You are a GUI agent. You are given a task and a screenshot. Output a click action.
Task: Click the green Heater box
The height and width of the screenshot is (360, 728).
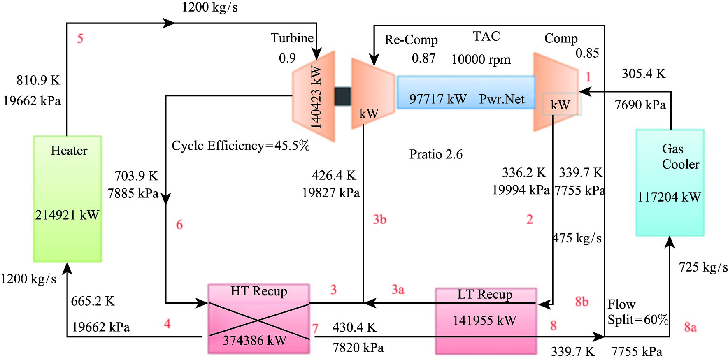point(67,199)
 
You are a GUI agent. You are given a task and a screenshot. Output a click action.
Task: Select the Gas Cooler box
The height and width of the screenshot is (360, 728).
point(670,183)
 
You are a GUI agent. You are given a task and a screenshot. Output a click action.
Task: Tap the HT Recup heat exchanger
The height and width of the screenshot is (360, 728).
point(258,318)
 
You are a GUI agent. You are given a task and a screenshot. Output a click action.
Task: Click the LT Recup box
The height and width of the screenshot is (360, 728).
point(486,321)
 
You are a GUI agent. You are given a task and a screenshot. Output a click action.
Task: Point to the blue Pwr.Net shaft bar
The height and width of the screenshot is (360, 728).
point(466,93)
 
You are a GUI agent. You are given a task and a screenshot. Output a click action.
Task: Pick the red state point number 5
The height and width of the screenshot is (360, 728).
point(80,39)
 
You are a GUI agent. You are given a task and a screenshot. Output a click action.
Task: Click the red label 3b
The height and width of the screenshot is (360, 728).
point(379,219)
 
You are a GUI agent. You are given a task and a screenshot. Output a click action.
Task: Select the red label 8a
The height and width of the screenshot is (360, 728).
point(690,327)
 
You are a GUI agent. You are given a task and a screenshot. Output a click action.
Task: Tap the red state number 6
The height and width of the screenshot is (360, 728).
point(179,225)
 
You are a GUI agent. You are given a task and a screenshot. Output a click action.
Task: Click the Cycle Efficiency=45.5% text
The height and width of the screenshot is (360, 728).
point(240,146)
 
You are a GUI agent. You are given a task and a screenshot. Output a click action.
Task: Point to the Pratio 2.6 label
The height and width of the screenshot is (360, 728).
point(436,154)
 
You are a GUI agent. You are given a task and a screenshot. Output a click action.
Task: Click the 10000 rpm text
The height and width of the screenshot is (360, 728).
point(481,60)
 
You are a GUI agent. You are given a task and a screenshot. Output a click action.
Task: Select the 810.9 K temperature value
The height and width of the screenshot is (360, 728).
point(38,80)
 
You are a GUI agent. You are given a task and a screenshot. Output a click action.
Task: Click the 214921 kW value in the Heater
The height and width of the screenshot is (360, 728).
point(67,215)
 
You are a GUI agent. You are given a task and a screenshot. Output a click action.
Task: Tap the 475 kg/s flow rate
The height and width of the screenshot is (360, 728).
point(577,238)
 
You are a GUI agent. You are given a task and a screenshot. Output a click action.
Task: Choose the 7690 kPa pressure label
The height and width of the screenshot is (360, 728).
point(640,105)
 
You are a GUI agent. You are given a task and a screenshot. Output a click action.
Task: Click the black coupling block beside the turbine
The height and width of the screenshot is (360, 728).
point(342,96)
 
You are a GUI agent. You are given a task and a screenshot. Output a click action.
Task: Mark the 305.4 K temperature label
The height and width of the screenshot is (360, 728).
point(644,74)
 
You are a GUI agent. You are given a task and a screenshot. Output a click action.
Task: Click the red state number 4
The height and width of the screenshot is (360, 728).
point(167,324)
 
